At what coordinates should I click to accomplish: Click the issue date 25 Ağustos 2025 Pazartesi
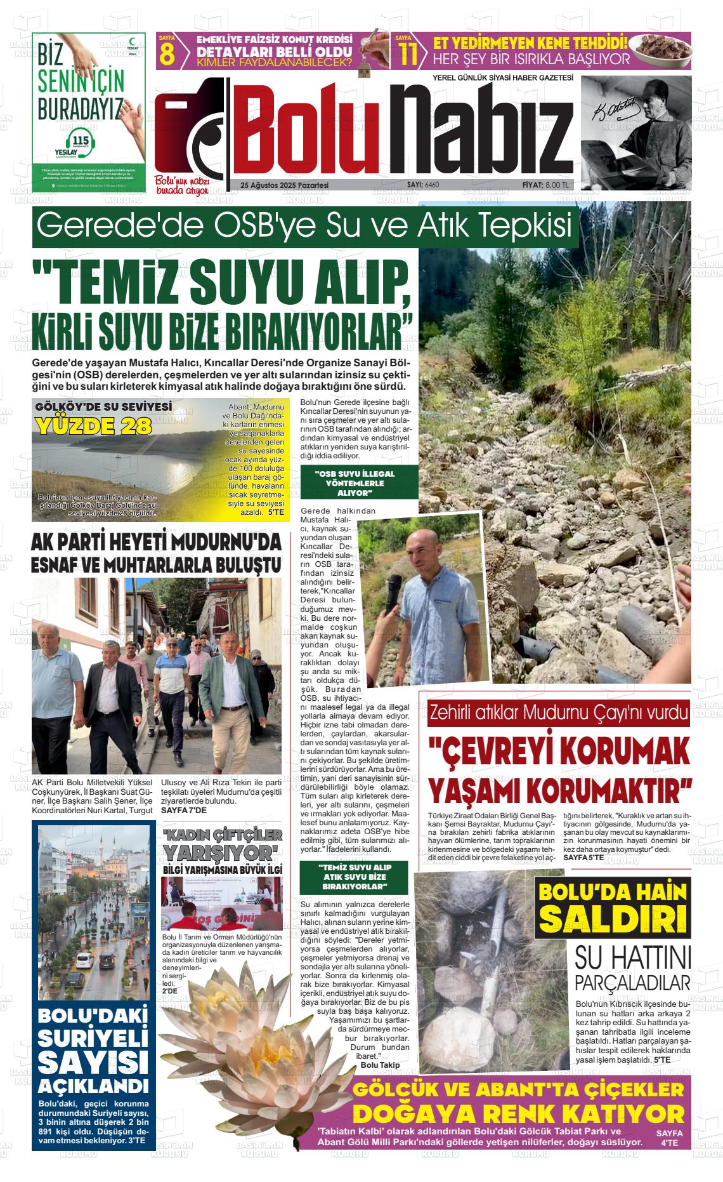click(284, 185)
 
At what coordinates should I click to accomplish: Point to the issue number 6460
click(432, 185)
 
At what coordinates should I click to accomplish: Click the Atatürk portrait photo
click(635, 132)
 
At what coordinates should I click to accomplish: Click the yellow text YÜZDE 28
click(94, 426)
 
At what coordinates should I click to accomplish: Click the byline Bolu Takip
click(380, 1064)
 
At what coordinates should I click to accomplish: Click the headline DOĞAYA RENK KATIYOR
click(518, 1114)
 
